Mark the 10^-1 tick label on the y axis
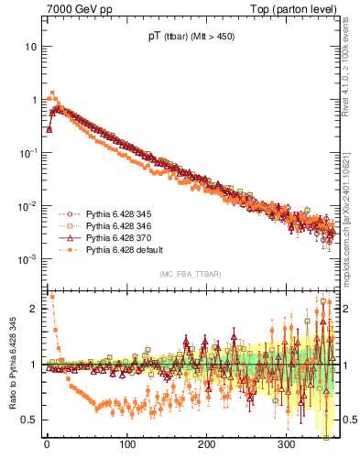(x=29, y=152)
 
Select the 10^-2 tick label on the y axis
(x=29, y=206)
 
